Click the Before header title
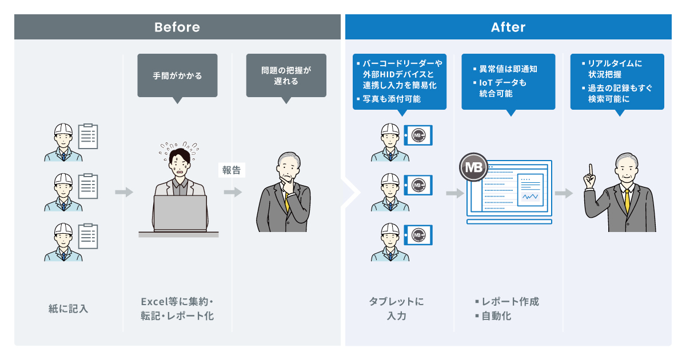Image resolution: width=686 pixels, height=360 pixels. click(177, 27)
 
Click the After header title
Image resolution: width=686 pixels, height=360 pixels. click(508, 27)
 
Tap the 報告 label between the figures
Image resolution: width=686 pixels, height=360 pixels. click(232, 170)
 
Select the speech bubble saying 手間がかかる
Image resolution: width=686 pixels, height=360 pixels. click(177, 75)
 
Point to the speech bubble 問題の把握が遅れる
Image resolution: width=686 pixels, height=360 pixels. click(286, 75)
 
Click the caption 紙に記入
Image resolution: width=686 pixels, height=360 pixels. click(68, 309)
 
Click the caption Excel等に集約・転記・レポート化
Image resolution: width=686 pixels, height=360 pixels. click(177, 308)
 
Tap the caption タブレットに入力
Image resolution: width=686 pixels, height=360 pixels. click(396, 308)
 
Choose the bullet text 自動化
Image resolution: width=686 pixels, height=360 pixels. click(496, 315)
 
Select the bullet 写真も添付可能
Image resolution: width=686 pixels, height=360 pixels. click(392, 99)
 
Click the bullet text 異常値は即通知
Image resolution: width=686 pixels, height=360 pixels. click(508, 69)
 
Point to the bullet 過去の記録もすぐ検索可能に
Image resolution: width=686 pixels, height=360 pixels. click(620, 94)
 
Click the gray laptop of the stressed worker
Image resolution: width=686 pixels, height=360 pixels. click(180, 213)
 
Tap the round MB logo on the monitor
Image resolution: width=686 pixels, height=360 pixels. click(473, 167)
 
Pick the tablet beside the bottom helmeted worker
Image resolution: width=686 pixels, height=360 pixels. click(418, 235)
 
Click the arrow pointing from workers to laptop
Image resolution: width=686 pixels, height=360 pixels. click(123, 193)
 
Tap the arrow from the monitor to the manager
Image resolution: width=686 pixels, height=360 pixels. click(564, 194)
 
